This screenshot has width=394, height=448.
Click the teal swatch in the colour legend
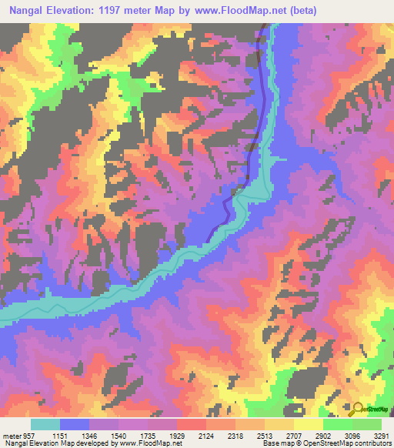coord(45,423)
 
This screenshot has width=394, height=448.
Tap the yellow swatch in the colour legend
coord(308,423)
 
